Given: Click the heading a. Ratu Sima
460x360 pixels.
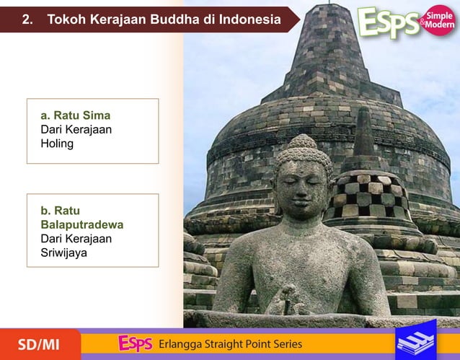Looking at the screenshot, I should click(x=75, y=115).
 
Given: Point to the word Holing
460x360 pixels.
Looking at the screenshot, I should click(x=57, y=144).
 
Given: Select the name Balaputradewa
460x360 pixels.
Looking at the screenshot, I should click(x=81, y=224).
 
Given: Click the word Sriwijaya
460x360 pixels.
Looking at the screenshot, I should click(x=63, y=253).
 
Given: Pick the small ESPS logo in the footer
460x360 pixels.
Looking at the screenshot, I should click(x=135, y=343).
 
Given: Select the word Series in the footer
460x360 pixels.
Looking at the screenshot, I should click(x=286, y=344).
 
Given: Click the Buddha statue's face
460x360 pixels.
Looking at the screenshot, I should click(x=302, y=185).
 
